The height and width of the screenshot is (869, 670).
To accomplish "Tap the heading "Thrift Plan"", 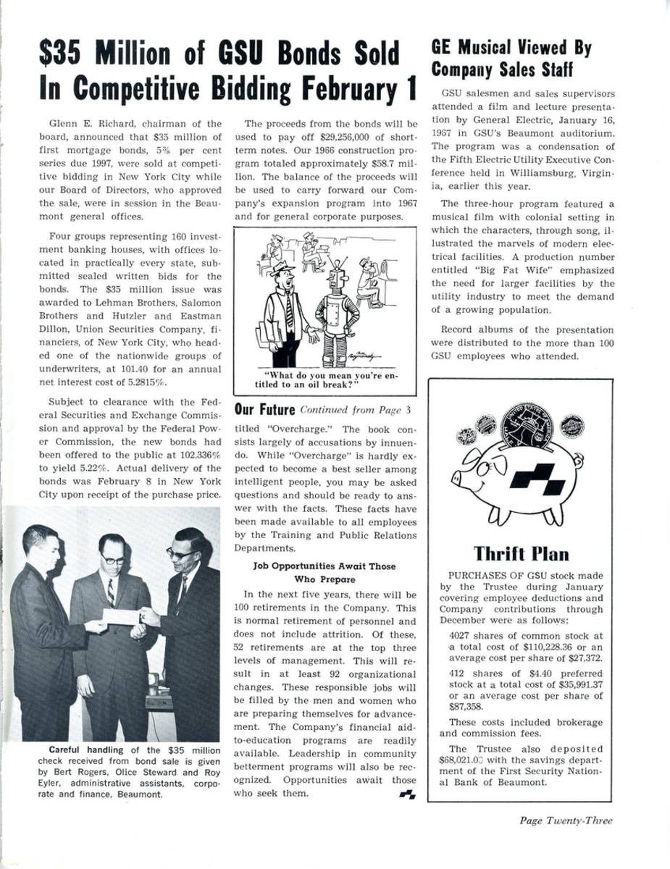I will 520,554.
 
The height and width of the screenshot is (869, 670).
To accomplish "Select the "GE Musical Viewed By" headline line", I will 511,48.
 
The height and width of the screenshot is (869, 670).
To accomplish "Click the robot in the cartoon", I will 337,304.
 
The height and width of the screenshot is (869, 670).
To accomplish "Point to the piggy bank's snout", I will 457,478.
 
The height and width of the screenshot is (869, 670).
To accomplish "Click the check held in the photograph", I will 120,616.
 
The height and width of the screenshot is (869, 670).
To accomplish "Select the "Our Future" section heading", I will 264,410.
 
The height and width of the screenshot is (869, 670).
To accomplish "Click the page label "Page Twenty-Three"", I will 565,820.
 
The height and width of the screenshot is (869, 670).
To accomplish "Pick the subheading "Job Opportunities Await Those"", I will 324,566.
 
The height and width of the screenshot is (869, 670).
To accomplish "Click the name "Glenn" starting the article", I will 64,124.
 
